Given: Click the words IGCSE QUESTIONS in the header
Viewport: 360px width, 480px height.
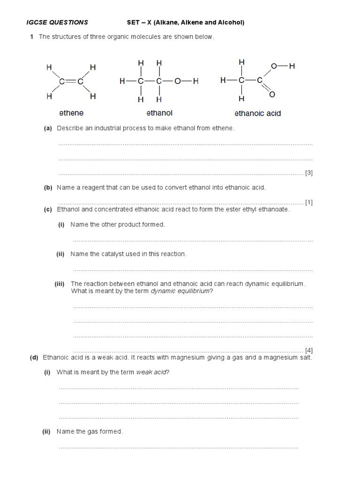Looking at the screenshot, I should (x=56, y=22).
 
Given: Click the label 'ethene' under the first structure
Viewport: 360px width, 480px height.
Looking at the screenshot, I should (x=71, y=113).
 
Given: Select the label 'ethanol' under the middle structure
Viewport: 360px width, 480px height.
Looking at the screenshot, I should (x=159, y=113).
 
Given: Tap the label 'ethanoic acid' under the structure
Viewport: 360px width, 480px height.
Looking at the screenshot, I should (x=257, y=113).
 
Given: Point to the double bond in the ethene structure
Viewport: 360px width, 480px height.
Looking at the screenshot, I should (x=71, y=82).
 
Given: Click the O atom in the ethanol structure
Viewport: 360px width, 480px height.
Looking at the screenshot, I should (x=177, y=81).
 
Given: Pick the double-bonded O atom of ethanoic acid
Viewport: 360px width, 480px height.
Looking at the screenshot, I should (x=272, y=95).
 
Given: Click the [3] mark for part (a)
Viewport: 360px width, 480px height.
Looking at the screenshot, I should (x=309, y=173).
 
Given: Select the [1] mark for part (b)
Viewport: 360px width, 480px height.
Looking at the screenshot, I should (x=309, y=202).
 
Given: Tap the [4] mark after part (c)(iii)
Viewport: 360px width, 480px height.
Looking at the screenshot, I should (x=309, y=350).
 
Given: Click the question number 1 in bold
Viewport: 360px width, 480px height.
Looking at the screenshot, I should (x=31, y=37).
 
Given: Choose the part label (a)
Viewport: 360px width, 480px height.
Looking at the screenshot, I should (x=48, y=128).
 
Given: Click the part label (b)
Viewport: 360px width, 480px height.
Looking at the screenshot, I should (x=48, y=187).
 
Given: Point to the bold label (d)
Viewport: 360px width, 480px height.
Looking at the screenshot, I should (x=34, y=358).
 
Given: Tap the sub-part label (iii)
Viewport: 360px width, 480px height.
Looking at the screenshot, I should (x=59, y=284).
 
